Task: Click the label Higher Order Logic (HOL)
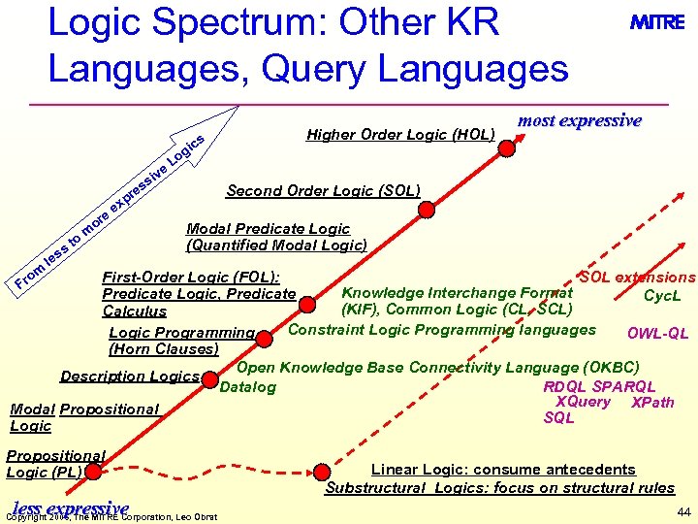coord(400,135)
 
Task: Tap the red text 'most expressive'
coord(579,121)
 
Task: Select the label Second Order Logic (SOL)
coord(323,190)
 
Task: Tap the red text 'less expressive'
coord(70,508)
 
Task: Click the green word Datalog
coord(248,387)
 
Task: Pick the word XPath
coord(651,402)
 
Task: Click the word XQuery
coord(583,402)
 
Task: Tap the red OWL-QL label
coord(657,334)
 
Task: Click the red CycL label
coord(663,295)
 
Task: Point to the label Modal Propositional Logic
coord(83,417)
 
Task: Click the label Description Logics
coord(130,377)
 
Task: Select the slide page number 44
coord(683,511)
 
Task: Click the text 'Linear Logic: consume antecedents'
coord(503,470)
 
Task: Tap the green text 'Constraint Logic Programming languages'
coord(442,330)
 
